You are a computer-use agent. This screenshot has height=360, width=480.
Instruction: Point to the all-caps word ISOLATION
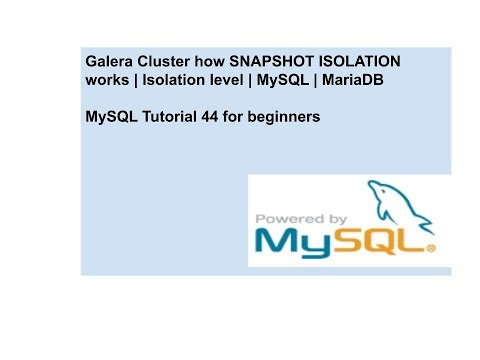click(365, 62)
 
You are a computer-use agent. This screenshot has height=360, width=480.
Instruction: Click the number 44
click(213, 118)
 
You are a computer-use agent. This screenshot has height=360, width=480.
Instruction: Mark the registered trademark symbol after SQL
click(431, 250)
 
